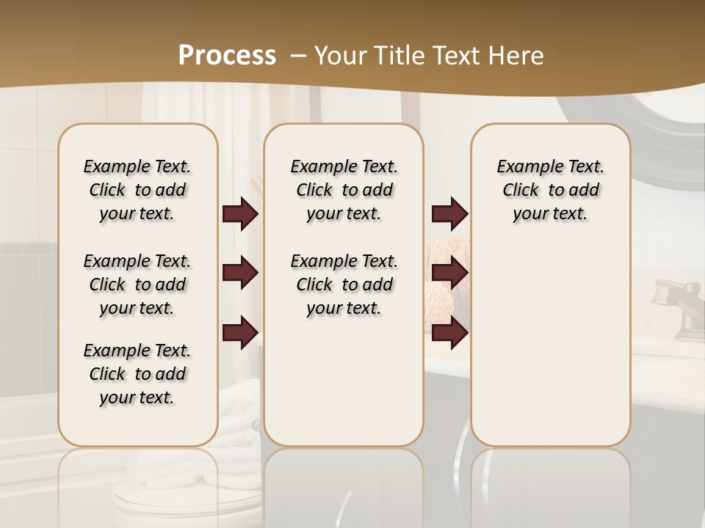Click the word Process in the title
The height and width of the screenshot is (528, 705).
[x=227, y=55]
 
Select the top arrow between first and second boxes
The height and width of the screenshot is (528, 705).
[x=240, y=213]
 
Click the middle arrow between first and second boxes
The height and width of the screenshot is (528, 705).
[x=240, y=274]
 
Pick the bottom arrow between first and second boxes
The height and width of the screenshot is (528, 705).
[x=240, y=333]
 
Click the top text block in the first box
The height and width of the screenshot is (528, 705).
[x=137, y=190]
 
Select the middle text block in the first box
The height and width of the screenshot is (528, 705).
[x=137, y=285]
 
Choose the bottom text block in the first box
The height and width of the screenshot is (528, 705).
[x=137, y=374]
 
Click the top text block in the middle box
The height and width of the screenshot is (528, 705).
[x=344, y=190]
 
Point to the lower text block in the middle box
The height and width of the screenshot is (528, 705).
[x=344, y=285]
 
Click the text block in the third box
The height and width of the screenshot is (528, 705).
[x=550, y=190]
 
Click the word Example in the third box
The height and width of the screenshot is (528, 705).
[x=524, y=166]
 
